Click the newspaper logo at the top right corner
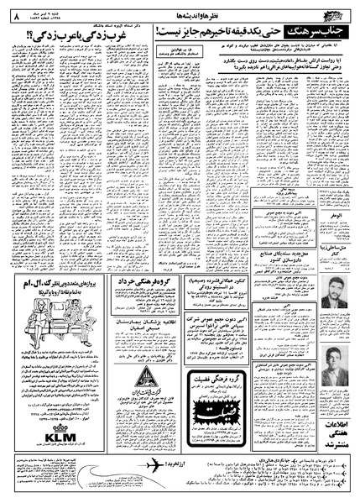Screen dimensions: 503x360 (338, 10)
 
